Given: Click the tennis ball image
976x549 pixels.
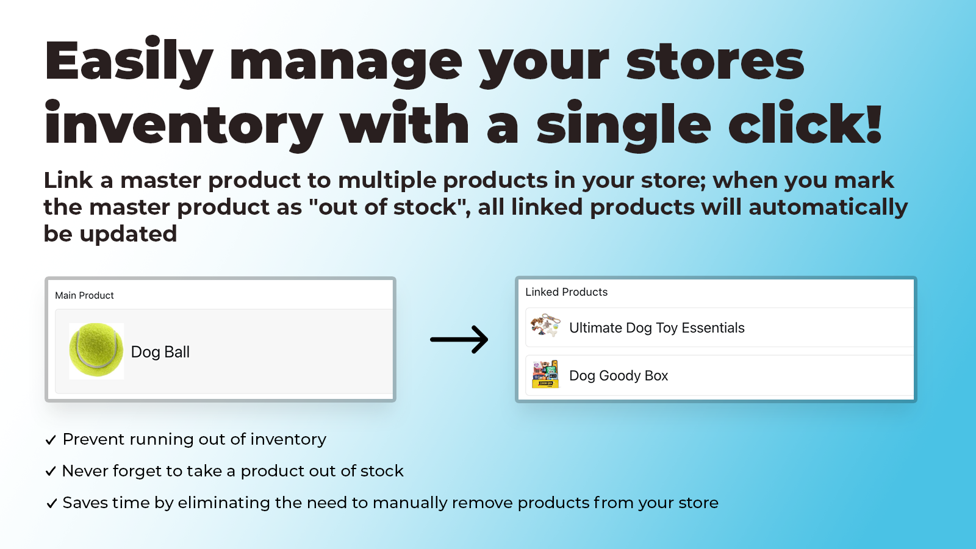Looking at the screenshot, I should (96, 351).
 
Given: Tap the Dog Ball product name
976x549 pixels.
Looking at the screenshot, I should (160, 352).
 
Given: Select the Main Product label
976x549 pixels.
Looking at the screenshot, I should (84, 295).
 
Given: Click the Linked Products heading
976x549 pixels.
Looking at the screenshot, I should (566, 292).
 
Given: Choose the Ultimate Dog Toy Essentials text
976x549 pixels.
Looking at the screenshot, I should (656, 328).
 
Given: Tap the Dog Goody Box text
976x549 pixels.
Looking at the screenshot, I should (619, 376).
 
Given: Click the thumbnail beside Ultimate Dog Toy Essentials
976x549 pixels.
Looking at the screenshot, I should (545, 326).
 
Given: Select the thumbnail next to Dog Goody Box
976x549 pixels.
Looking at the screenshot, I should (545, 374).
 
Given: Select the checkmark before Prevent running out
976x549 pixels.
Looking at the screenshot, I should (51, 440).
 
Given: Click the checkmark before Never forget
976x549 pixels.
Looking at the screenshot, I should (51, 472).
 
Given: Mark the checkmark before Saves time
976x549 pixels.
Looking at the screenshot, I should (51, 503).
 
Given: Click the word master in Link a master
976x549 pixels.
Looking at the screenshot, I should (160, 181).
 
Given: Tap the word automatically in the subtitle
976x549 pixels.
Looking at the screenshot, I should (828, 207).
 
